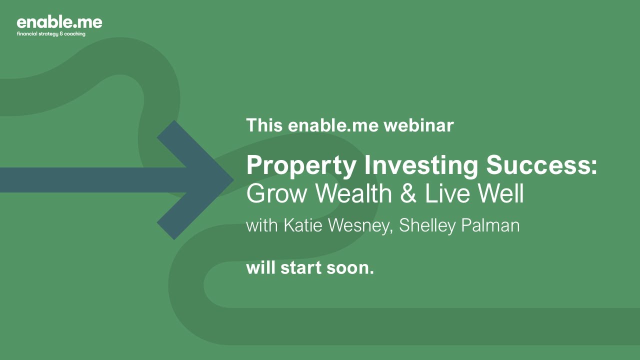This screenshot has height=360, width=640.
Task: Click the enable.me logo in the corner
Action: pyautogui.click(x=59, y=22)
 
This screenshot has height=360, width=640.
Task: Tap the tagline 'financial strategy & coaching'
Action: pyautogui.click(x=51, y=34)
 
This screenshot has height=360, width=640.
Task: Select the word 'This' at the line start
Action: pyautogui.click(x=263, y=125)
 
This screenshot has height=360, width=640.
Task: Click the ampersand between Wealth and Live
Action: pyautogui.click(x=408, y=194)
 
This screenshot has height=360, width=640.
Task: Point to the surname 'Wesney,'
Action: pyautogui.click(x=363, y=226)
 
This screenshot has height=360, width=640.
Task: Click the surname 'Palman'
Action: pyautogui.click(x=490, y=225)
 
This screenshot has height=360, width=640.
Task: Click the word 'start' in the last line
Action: pyautogui.click(x=301, y=268)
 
